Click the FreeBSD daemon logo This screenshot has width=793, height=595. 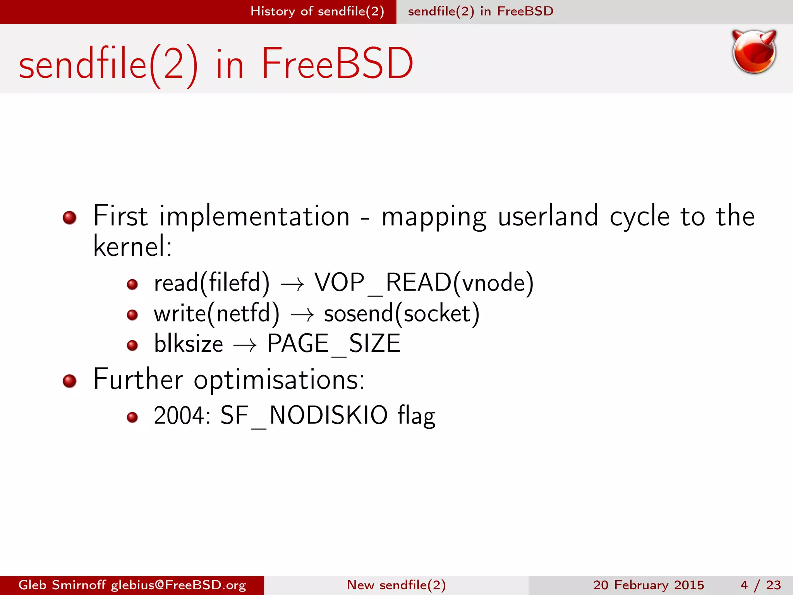pos(754,52)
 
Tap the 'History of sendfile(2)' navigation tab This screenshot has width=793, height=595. pos(317,11)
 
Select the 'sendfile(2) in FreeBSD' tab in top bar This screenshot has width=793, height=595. pos(481,11)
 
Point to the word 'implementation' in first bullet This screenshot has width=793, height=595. pos(254,217)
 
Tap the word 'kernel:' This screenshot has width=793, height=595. pos(132,246)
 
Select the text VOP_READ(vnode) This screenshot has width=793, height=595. pos(424,282)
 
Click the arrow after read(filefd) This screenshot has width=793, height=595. pos(292,285)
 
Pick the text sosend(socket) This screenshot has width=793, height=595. pos(402,313)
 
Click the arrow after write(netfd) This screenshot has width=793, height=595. pos(302,315)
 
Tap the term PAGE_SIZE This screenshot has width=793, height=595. pos(334,344)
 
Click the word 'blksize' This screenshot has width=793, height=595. pos(189,344)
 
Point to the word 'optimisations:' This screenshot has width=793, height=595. pos(279,380)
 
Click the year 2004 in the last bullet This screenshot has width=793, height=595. pos(179,416)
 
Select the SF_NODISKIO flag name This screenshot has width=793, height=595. pos(304,416)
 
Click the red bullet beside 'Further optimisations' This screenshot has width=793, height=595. pos(70,381)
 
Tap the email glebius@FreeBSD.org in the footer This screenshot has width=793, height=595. pos(179,585)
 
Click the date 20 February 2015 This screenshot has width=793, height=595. pos(649,585)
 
